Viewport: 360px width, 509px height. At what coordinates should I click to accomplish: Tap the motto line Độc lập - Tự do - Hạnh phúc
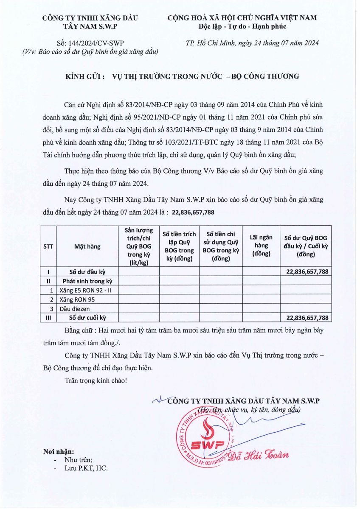point(242,27)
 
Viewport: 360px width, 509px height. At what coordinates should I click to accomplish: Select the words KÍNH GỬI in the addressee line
point(85,76)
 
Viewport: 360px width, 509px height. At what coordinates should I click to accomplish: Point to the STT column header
point(48,246)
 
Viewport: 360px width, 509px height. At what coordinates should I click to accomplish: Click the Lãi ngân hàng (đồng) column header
point(261,246)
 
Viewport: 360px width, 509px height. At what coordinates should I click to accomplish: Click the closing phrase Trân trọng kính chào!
point(96,380)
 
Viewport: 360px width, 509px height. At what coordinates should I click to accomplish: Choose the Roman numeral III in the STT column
point(48,317)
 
